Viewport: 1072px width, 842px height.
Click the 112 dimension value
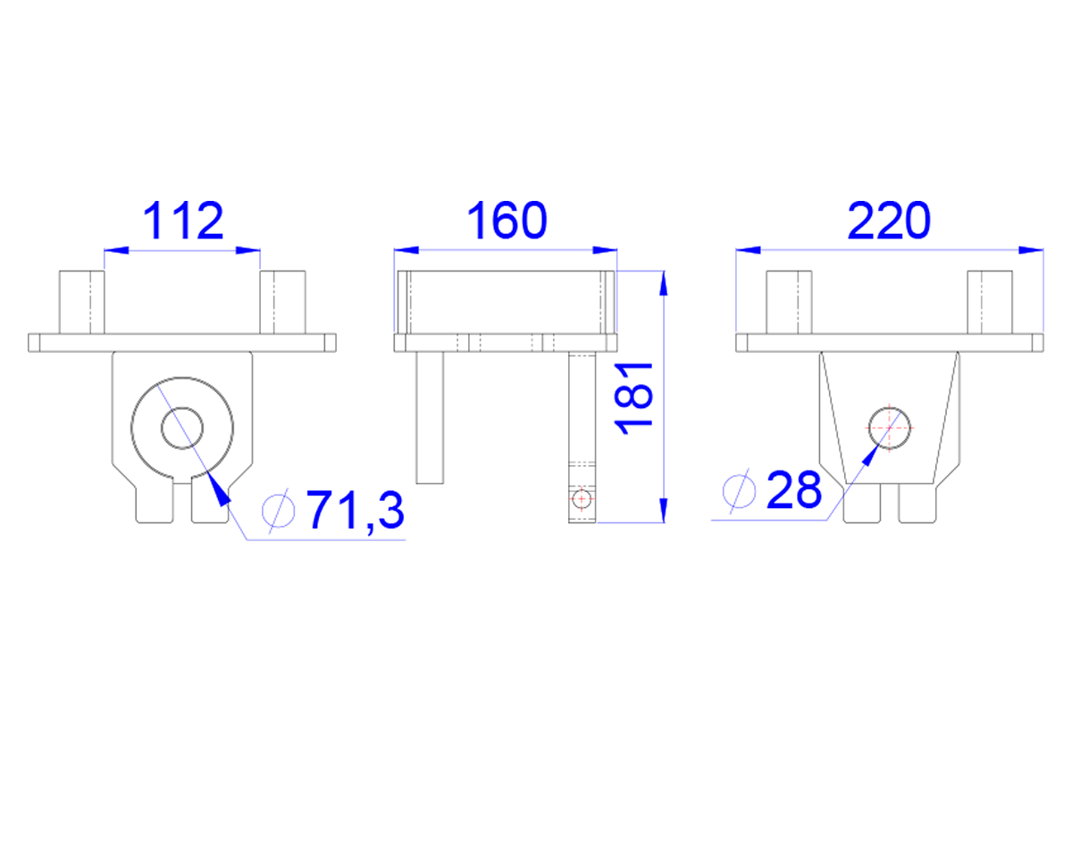coord(183,221)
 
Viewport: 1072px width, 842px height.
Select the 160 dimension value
coord(507,221)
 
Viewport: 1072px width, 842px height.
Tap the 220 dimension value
coord(889,221)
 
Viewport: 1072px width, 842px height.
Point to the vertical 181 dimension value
coord(634,399)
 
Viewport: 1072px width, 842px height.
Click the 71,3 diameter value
coord(356,510)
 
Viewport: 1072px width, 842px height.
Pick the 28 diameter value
coord(794,489)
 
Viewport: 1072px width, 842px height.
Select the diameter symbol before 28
coord(739,490)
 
